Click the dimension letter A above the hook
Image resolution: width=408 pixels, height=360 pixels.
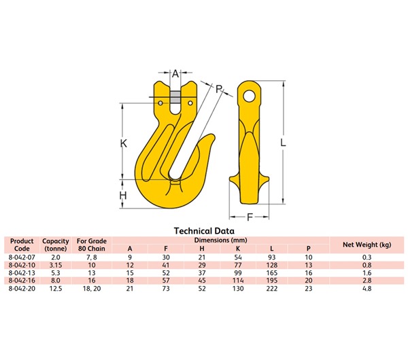(175, 73)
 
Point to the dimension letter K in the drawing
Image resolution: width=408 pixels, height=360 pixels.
(124, 144)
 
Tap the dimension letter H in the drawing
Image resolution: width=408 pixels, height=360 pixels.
(124, 196)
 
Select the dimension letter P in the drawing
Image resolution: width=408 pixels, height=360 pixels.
(219, 88)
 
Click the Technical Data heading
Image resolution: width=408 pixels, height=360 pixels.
(204, 231)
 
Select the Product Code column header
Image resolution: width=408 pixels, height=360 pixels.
(22, 245)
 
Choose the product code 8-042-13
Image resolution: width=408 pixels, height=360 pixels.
(22, 272)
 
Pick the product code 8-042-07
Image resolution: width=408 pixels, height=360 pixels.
(22, 257)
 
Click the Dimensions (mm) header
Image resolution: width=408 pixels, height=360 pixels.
(220, 240)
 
